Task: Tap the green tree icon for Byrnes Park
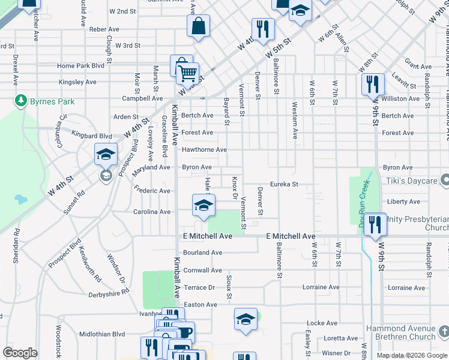click(22, 100)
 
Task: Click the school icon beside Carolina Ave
click(203, 205)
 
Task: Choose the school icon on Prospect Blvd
click(106, 155)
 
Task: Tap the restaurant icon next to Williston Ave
click(373, 83)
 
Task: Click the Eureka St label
click(284, 184)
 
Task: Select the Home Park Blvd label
click(80, 66)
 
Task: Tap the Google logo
click(20, 352)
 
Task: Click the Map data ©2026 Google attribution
click(411, 355)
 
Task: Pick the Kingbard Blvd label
click(92, 136)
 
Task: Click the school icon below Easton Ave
click(245, 319)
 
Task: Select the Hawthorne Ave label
click(204, 149)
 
